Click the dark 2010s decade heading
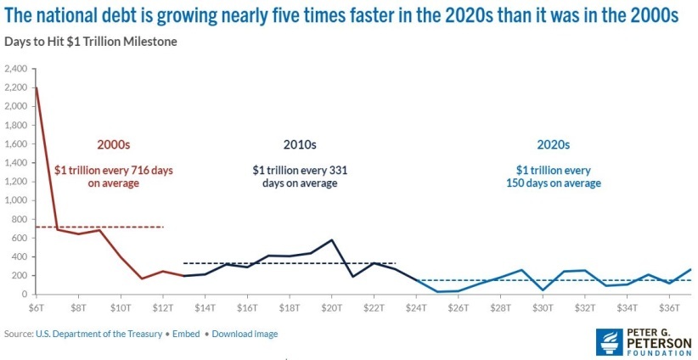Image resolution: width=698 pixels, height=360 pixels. (301, 144)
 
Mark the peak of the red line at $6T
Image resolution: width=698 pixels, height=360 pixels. (36, 87)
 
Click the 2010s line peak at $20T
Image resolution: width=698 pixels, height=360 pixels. (331, 240)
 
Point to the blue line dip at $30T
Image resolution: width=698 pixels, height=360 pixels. (542, 290)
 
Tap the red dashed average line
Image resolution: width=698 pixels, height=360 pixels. (127, 227)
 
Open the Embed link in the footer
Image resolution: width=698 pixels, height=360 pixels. (186, 334)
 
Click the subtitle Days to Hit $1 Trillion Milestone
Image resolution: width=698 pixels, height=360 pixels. (91, 42)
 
